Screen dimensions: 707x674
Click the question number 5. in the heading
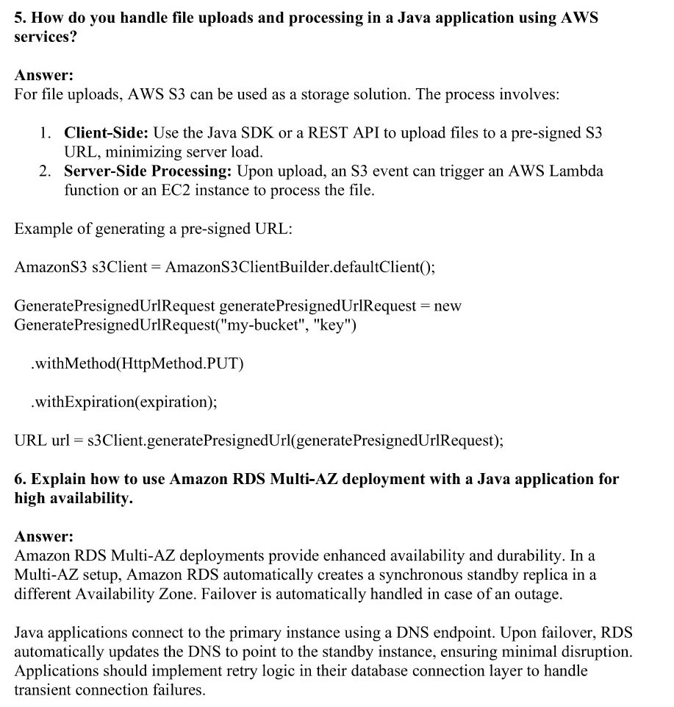point(21,18)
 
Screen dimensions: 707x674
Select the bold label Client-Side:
point(107,133)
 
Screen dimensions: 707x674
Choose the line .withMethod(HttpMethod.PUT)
point(137,363)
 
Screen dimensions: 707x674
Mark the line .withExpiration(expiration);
point(123,402)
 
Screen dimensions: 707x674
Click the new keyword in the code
point(448,305)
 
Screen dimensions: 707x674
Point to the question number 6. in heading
point(21,480)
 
